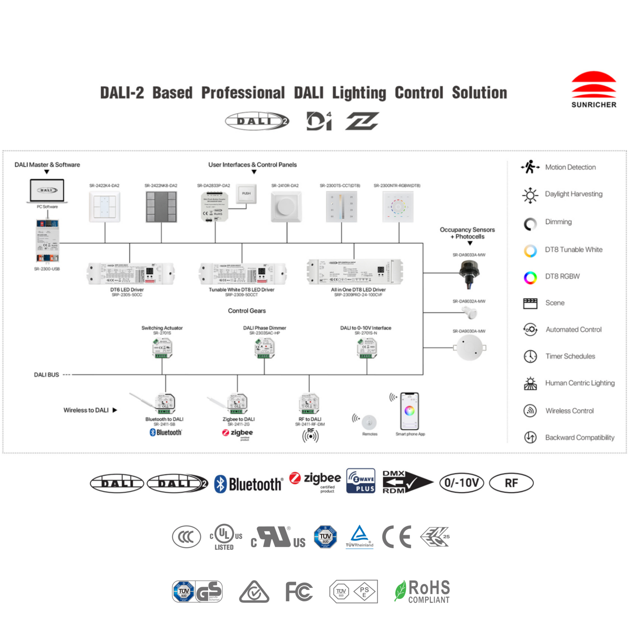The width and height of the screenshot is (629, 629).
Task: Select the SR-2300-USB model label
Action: [x=47, y=269]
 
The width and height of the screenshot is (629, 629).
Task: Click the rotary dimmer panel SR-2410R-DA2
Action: [x=286, y=207]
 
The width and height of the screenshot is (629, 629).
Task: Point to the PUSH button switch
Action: [x=246, y=194]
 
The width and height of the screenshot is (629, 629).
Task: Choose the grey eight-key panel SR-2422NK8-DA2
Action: [x=161, y=207]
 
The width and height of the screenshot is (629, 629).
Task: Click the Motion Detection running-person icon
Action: [x=530, y=167]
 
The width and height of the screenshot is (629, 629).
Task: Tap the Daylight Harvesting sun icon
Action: [x=530, y=195]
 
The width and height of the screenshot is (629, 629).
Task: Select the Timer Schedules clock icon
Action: [x=530, y=356]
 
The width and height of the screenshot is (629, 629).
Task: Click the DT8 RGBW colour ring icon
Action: [x=530, y=277]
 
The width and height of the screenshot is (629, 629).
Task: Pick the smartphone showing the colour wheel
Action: [x=409, y=411]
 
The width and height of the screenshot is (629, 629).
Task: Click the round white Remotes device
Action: [x=369, y=422]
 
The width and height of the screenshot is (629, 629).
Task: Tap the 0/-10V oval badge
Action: [x=461, y=483]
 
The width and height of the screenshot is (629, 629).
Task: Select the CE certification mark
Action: [x=396, y=537]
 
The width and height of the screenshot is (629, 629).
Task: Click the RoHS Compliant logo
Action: [x=422, y=591]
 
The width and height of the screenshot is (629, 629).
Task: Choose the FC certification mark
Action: [x=299, y=592]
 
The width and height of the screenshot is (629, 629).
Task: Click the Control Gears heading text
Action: [x=247, y=311]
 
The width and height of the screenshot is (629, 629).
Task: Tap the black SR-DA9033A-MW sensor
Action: [x=469, y=273]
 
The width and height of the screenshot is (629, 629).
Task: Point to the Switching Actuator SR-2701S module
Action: [x=162, y=348]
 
